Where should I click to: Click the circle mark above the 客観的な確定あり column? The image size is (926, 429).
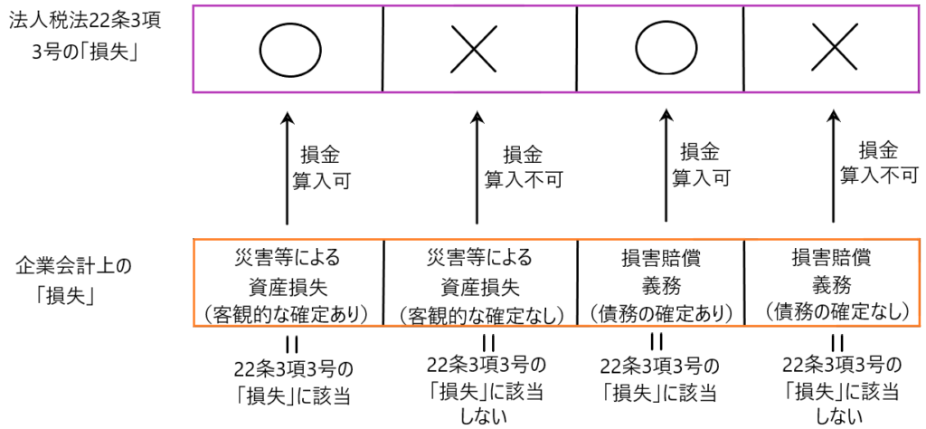(289, 48)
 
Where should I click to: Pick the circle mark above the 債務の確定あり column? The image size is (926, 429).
(664, 48)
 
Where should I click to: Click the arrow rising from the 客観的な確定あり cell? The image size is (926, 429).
(287, 168)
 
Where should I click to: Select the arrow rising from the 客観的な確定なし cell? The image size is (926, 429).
(477, 168)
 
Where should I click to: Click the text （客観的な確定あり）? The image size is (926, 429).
(288, 314)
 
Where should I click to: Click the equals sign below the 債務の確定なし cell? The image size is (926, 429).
(837, 343)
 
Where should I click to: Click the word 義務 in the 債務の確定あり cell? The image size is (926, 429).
(659, 285)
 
